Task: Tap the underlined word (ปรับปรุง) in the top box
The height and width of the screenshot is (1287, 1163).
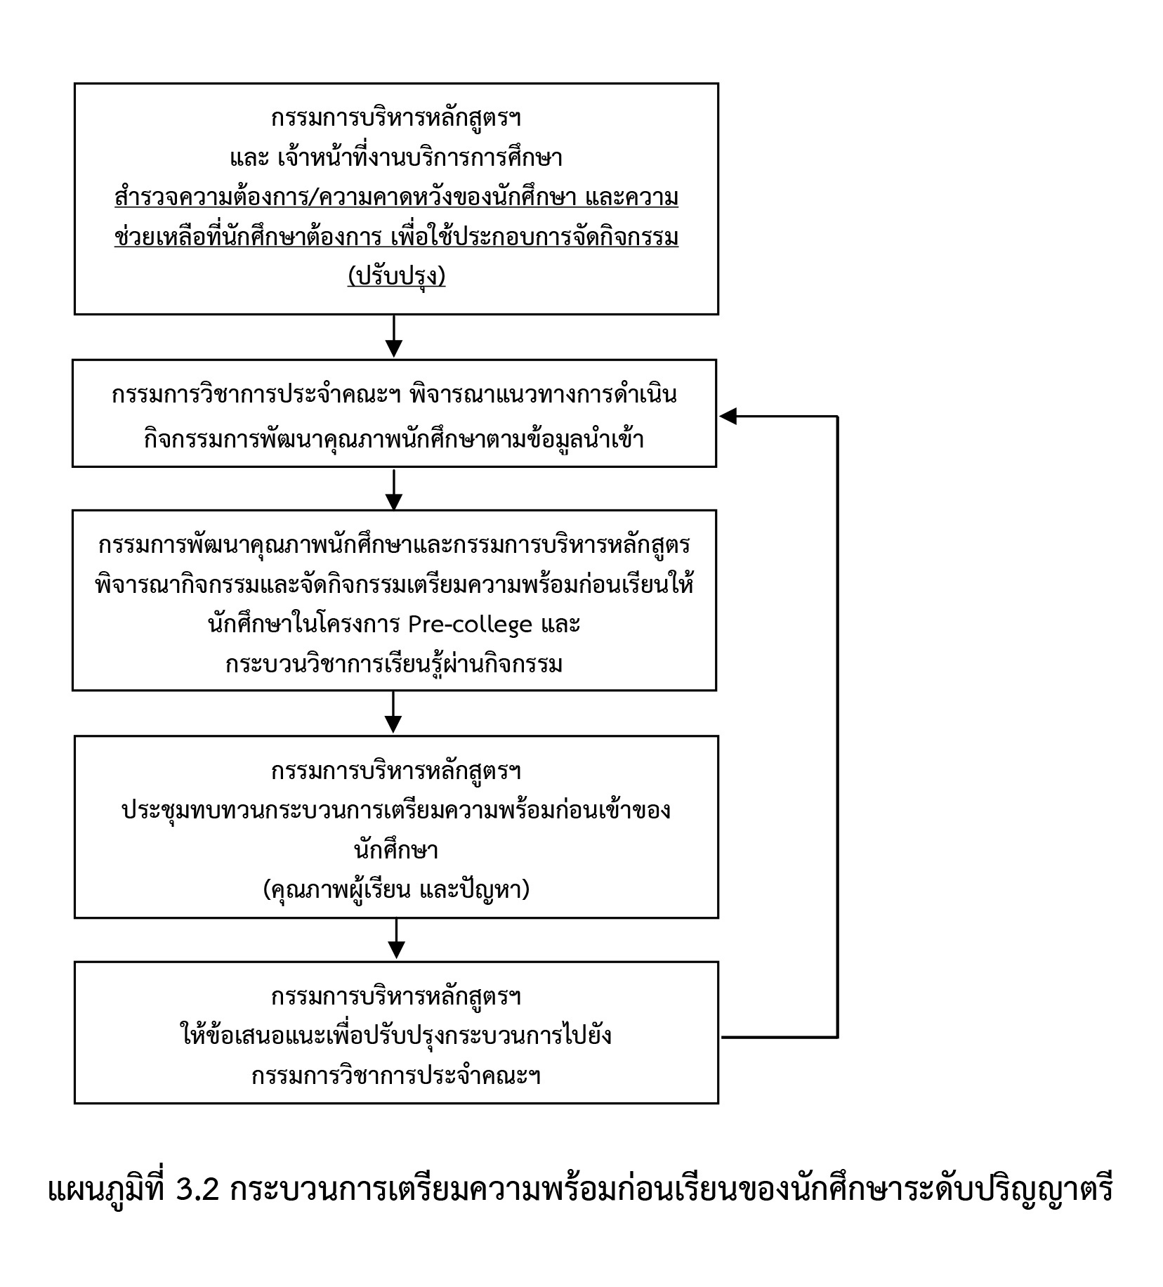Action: (396, 276)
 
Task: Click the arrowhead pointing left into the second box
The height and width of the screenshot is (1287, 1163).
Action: (728, 417)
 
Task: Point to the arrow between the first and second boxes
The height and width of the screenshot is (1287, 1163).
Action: (394, 337)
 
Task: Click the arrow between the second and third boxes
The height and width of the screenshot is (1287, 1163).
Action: (394, 489)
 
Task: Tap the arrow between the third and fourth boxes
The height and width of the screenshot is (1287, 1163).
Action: (394, 712)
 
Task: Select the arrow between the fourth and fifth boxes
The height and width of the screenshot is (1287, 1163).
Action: (397, 939)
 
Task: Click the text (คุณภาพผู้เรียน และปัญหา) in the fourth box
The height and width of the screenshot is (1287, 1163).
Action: (396, 890)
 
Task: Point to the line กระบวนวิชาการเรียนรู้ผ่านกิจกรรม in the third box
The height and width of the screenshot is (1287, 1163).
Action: (394, 663)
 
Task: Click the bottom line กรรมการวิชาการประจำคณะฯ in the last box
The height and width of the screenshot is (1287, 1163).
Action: (396, 1076)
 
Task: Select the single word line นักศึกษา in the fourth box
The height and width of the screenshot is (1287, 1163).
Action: (396, 851)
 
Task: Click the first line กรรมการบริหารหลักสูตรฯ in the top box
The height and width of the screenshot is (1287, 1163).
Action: (396, 118)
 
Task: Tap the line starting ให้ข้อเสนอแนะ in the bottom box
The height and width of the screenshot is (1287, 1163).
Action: (396, 1035)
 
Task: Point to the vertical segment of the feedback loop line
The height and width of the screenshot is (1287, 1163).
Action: (837, 726)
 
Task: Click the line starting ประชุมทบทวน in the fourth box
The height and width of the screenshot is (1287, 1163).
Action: (396, 810)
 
